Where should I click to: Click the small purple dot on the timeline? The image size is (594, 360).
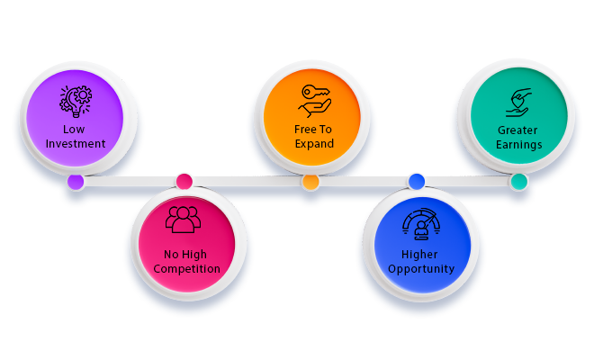pos(76,182)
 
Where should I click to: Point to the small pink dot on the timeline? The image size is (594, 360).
pos(184,182)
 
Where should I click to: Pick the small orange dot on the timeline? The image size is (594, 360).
pos(310,182)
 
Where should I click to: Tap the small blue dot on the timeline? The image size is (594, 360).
pos(416,182)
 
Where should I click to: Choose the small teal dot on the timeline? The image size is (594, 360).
pos(518,182)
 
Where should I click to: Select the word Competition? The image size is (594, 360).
pos(185,269)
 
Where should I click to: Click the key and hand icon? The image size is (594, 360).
pos(310,100)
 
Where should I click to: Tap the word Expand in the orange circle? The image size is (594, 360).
pos(310,144)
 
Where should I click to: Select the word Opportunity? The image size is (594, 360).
pos(415,269)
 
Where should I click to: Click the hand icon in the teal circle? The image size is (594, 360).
pos(518,102)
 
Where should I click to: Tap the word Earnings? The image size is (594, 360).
pos(518,144)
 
